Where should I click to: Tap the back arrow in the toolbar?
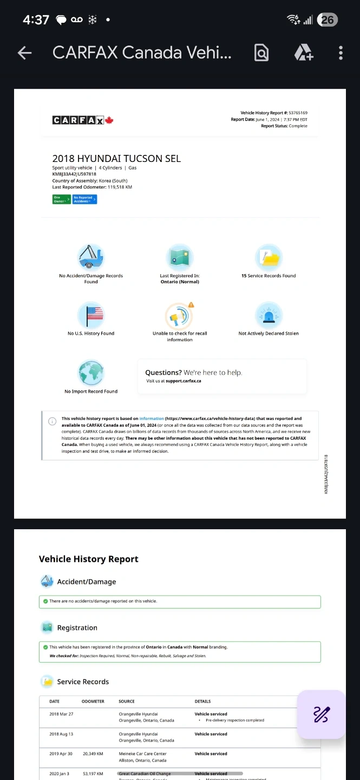pyautogui.click(x=25, y=53)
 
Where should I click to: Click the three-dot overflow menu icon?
pyautogui.click(x=341, y=53)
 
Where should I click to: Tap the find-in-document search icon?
pyautogui.click(x=261, y=53)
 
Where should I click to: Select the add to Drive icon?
pyautogui.click(x=303, y=53)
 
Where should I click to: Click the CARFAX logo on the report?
pyautogui.click(x=83, y=120)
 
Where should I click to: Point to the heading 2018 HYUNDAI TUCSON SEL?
pyautogui.click(x=116, y=159)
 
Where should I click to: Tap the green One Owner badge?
pyautogui.click(x=61, y=199)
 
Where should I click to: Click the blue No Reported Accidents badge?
pyautogui.click(x=84, y=199)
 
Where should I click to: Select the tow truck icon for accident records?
pyautogui.click(x=91, y=257)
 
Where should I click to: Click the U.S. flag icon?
pyautogui.click(x=91, y=315)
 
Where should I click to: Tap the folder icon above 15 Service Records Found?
pyautogui.click(x=269, y=257)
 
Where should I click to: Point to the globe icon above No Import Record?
pyautogui.click(x=91, y=373)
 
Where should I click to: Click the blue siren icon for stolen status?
pyautogui.click(x=269, y=315)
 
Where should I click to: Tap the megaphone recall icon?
pyautogui.click(x=179, y=315)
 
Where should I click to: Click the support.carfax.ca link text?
pyautogui.click(x=183, y=381)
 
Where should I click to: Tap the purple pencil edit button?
pyautogui.click(x=321, y=714)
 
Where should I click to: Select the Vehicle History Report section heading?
pyautogui.click(x=89, y=559)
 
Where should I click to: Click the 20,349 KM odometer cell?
pyautogui.click(x=93, y=753)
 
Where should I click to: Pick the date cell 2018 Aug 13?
pyautogui.click(x=61, y=734)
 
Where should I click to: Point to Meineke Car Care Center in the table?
pyautogui.click(x=142, y=753)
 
